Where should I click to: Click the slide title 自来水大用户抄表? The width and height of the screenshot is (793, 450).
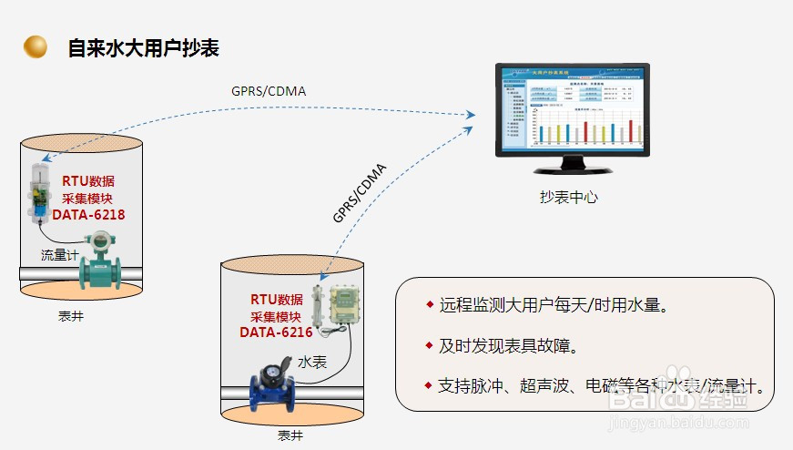pyautogui.click(x=143, y=47)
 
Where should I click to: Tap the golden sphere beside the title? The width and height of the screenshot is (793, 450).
pyautogui.click(x=36, y=46)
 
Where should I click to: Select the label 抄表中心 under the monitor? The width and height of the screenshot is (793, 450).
pyautogui.click(x=569, y=196)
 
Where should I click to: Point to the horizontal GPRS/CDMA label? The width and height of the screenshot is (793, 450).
pyautogui.click(x=269, y=90)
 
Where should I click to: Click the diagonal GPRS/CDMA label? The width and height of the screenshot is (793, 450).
pyautogui.click(x=360, y=192)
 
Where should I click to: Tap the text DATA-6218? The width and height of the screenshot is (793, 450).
pyautogui.click(x=87, y=215)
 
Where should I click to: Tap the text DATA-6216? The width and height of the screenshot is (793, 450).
pyautogui.click(x=276, y=332)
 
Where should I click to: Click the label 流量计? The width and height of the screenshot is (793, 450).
pyautogui.click(x=59, y=255)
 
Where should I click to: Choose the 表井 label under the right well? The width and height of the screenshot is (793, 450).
pyautogui.click(x=290, y=435)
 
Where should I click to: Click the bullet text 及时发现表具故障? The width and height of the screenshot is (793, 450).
pyautogui.click(x=508, y=346)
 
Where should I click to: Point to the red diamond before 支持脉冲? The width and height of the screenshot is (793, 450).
pyautogui.click(x=429, y=385)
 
